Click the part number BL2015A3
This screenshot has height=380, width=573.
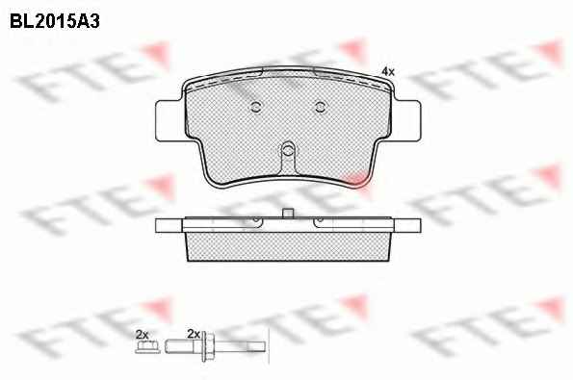coord(55,21)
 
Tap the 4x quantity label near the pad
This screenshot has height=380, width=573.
coord(388,72)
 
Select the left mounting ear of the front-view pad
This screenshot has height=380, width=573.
coord(169,121)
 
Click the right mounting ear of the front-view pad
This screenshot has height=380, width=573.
coord(407,121)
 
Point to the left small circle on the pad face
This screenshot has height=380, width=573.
coord(256,107)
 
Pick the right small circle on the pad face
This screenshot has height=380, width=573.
coord(320,107)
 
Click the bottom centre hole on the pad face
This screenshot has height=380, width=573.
coord(288,149)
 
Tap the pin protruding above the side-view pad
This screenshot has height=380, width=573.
coord(288,214)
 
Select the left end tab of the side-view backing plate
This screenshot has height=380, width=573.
coord(169,225)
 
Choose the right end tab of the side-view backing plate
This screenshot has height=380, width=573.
coord(407,225)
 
